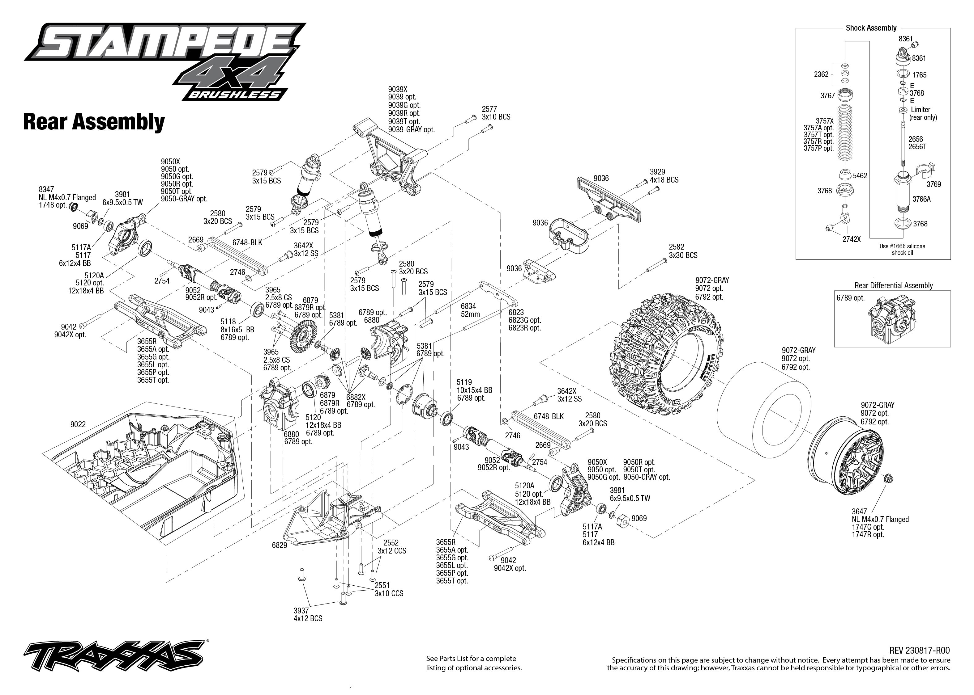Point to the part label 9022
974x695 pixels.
tap(78, 424)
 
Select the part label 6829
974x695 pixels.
tap(279, 545)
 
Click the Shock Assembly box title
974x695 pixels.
tap(871, 28)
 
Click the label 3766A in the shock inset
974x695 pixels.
tap(921, 199)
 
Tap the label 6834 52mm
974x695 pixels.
tap(470, 310)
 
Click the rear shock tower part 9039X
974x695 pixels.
tap(392, 158)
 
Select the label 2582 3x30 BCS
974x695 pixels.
tap(683, 251)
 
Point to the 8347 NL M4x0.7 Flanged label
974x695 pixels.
tap(67, 197)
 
